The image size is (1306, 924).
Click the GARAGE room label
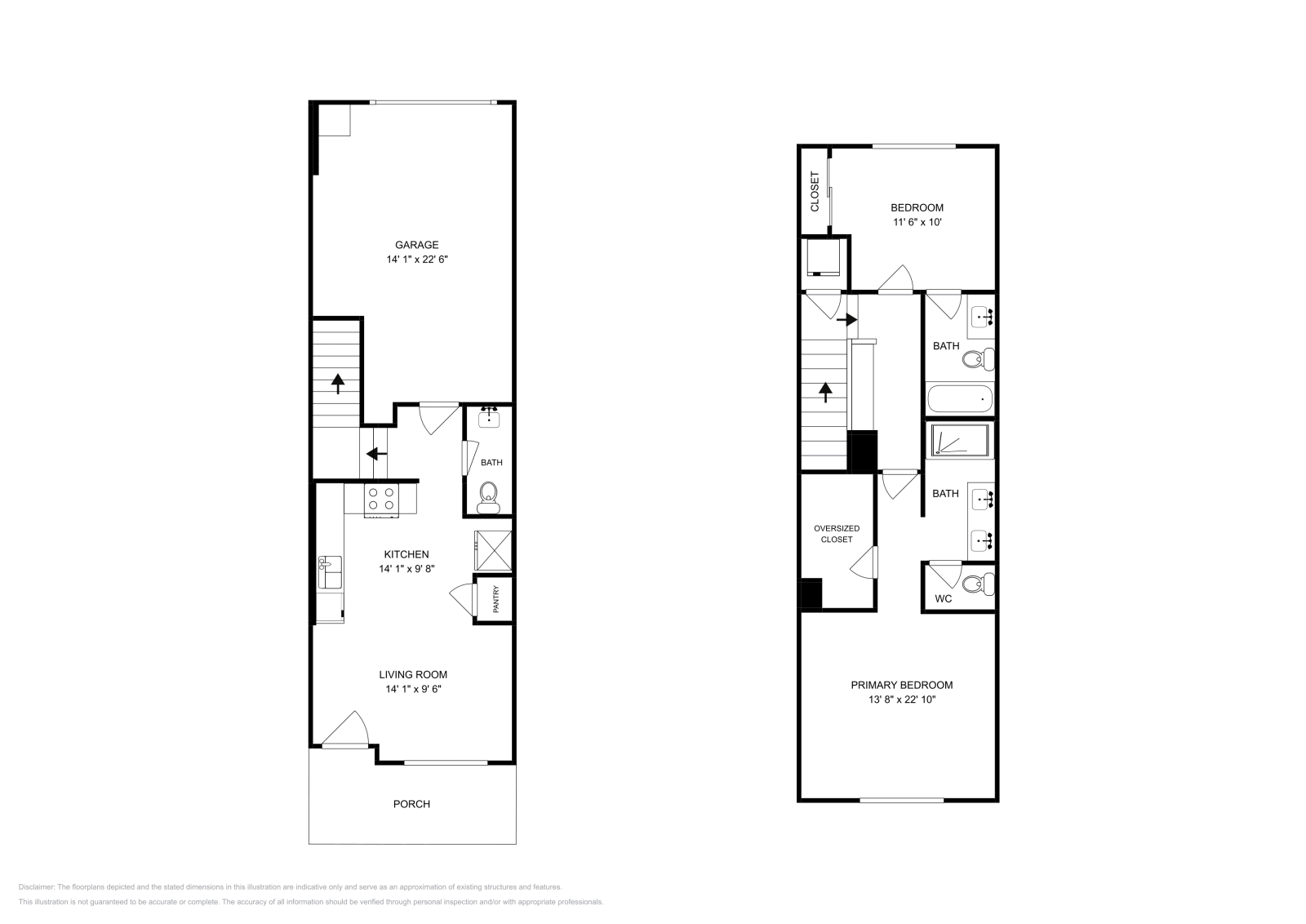(x=417, y=245)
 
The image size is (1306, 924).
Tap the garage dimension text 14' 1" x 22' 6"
(x=417, y=260)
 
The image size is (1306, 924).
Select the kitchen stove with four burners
(x=381, y=498)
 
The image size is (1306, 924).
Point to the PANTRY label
(x=495, y=600)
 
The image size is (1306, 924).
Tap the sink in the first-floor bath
(x=489, y=419)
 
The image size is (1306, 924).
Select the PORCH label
(x=411, y=804)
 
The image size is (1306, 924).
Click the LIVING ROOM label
(x=413, y=674)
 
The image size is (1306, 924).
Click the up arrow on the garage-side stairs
(x=336, y=383)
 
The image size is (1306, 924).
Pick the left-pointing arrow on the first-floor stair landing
(x=375, y=454)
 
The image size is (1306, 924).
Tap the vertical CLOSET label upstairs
(x=815, y=192)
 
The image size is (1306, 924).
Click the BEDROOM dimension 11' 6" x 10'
(x=917, y=222)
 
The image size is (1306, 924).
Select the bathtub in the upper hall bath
(x=960, y=400)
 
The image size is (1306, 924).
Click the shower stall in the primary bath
(x=960, y=441)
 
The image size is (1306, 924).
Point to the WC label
(x=943, y=598)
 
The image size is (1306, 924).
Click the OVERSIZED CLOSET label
(x=837, y=534)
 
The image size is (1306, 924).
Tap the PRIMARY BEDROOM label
(x=901, y=685)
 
